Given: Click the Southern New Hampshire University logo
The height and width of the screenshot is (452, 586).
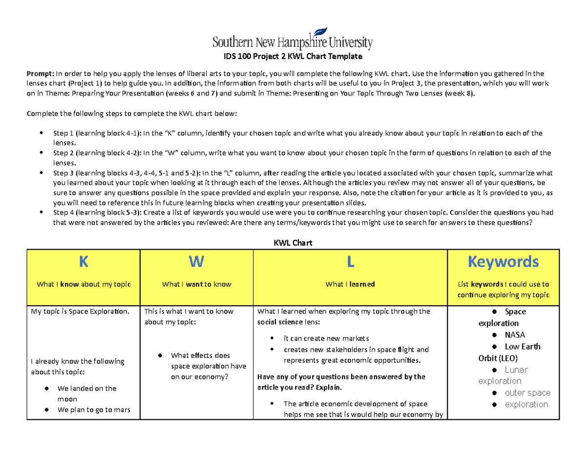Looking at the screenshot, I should pos(293,39).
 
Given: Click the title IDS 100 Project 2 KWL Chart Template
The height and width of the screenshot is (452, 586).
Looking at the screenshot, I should pos(293,57).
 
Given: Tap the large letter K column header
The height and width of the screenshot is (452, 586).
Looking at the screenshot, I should pos(84,262).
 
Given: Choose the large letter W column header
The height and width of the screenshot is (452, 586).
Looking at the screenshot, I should pos(196,262).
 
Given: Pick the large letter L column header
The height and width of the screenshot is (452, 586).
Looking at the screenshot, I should pos(350,262).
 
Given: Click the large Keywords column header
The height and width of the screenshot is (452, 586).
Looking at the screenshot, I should pos(503,262).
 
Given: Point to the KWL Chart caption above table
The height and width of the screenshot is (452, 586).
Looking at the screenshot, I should pos(293,242).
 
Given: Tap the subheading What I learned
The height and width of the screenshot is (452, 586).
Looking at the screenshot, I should pos(350,284).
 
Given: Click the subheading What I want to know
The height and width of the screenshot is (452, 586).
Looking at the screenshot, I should pos(196,284).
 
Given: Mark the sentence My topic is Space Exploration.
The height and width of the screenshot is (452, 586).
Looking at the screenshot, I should pos(80,312).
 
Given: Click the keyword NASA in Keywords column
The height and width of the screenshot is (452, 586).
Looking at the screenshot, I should pos(516,335).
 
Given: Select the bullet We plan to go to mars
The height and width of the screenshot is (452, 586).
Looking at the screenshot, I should pos(93,410).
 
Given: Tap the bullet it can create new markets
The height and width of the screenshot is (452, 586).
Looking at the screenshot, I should pos(326,338).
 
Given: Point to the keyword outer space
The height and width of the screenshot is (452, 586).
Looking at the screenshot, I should pos(527,393).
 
